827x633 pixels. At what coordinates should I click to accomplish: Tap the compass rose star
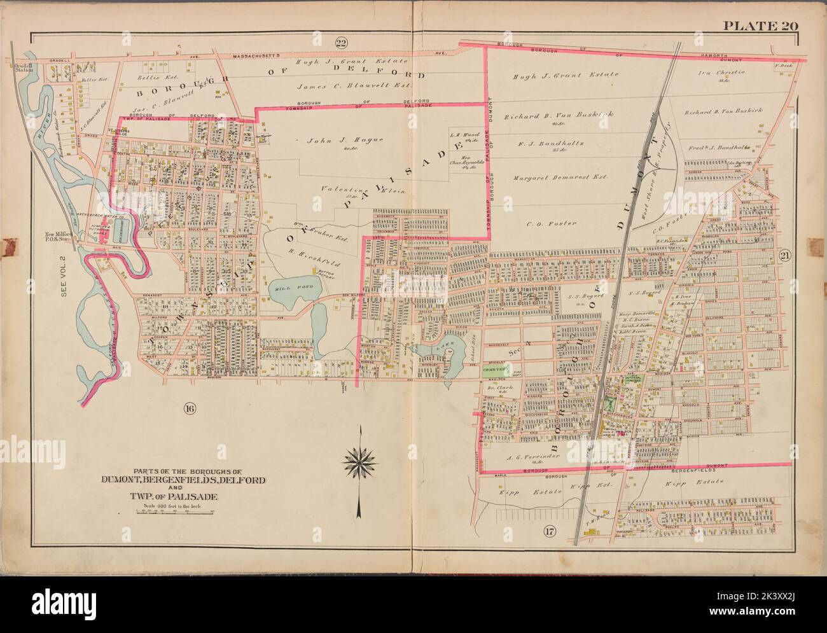click(361, 457)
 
